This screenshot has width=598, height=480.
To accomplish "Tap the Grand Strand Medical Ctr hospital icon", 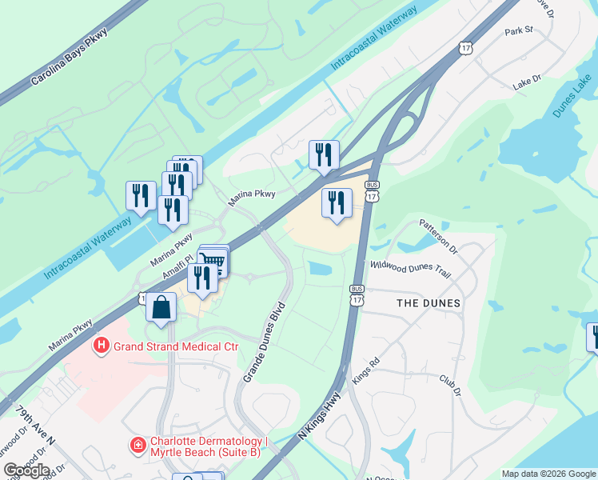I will pos(102,346).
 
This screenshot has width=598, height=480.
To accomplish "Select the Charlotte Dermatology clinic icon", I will pos(138,444).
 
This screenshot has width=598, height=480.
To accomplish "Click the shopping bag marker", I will pos(161,308).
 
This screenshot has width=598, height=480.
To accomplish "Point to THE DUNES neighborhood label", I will pos(429,303).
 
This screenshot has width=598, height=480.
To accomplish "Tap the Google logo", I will pos(26,470).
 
